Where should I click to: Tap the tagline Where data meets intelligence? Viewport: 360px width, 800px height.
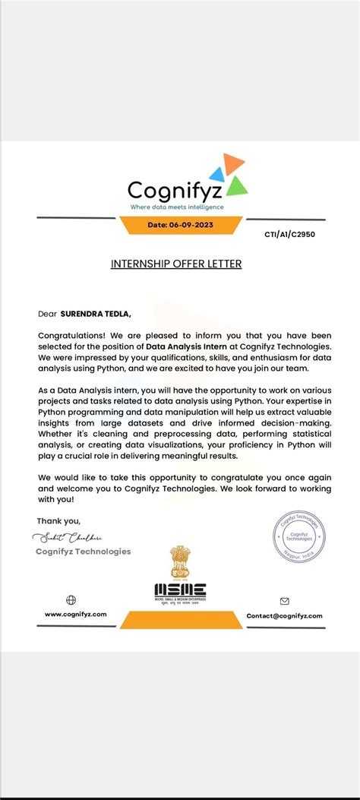click(177, 207)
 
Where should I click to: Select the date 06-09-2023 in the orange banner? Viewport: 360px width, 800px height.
click(180, 225)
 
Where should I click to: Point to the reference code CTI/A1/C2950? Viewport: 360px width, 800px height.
click(289, 234)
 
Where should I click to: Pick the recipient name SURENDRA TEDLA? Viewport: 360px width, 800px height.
click(100, 312)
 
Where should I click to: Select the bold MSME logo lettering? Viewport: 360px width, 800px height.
click(180, 589)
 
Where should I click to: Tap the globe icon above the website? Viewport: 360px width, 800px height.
click(71, 600)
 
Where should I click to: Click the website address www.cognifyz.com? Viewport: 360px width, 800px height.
click(75, 614)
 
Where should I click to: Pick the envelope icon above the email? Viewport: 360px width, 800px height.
click(285, 601)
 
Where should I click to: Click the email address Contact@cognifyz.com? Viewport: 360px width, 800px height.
click(285, 615)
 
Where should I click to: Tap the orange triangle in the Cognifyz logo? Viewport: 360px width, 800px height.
click(233, 162)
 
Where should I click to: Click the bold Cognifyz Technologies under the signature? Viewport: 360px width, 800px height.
click(83, 552)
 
